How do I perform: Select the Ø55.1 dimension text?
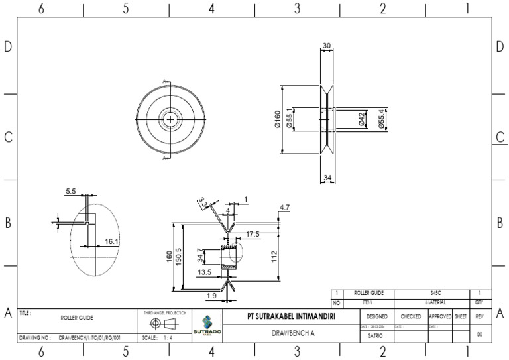pos(289,119)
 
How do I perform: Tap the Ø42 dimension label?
pos(361,119)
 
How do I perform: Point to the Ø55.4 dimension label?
pos(381,119)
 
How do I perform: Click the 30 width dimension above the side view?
pos(327,45)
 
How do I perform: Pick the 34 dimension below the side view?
pos(327,178)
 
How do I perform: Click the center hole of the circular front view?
pos(172,119)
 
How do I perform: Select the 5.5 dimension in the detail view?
pos(71,192)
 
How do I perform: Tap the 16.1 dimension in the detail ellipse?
pos(111,242)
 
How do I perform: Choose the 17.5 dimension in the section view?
pos(253,234)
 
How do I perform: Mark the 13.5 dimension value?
pos(204,272)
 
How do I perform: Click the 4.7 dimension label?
pos(284,208)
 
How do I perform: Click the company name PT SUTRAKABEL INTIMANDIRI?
pos(290,317)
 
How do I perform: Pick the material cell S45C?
pos(431,292)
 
